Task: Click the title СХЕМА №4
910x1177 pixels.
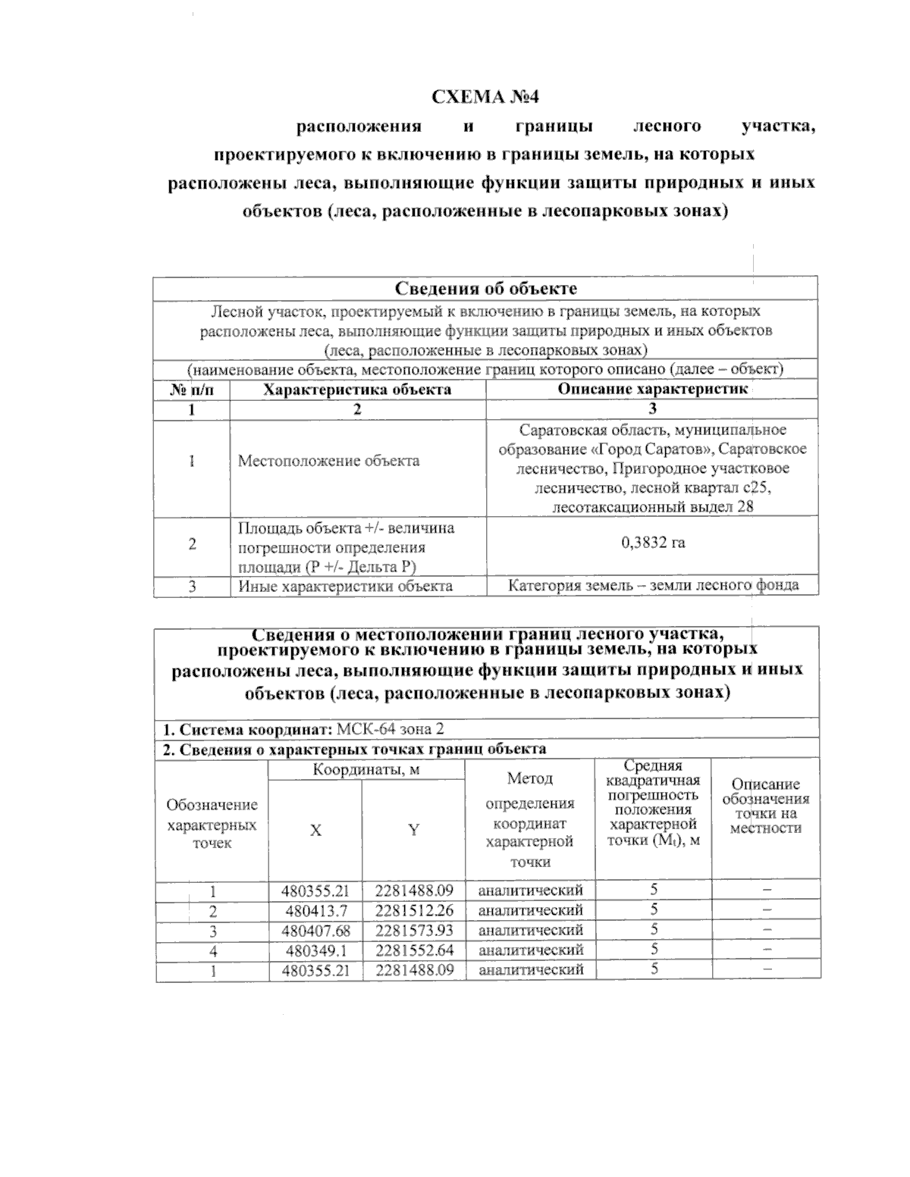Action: [485, 97]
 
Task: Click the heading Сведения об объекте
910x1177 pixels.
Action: [485, 289]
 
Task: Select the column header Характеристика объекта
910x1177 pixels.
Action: [357, 390]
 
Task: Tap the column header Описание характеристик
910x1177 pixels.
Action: [652, 390]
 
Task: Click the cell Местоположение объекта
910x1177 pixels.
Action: [328, 461]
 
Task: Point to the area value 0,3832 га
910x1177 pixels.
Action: [652, 543]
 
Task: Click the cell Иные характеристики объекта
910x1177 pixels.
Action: [346, 585]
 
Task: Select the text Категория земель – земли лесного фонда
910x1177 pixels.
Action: [652, 585]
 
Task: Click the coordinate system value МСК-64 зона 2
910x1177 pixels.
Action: [390, 729]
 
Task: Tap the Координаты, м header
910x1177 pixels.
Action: [367, 769]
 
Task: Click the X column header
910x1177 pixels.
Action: [315, 830]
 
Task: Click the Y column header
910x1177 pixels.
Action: [413, 830]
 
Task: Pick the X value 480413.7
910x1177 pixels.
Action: [315, 909]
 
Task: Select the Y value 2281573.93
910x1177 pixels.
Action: [413, 929]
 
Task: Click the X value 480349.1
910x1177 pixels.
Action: [315, 949]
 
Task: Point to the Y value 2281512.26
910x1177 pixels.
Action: [413, 909]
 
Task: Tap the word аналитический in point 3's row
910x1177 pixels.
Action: [531, 929]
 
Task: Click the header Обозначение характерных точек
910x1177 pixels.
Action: [212, 823]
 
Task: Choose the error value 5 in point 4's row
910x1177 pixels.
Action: [654, 949]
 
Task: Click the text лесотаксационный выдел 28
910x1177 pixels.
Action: [653, 507]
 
